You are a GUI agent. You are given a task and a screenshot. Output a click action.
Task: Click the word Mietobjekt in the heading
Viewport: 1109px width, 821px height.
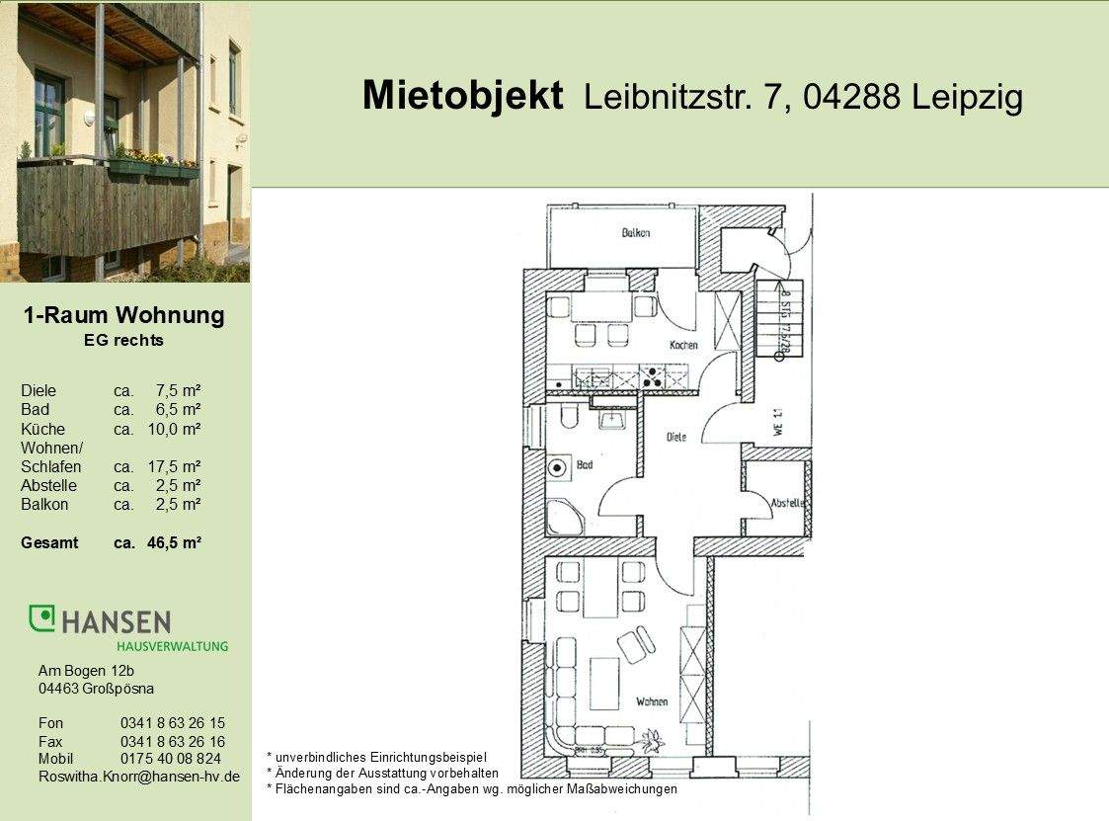pos(462,96)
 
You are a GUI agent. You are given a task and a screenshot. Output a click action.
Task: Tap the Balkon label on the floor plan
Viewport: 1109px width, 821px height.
pos(635,233)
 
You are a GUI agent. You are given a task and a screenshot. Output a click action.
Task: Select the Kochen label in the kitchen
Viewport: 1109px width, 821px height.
pos(683,345)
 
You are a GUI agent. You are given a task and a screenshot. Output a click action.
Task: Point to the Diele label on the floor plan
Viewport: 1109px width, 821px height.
pos(676,436)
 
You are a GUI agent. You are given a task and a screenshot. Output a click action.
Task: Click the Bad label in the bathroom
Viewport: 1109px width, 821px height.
pos(585,463)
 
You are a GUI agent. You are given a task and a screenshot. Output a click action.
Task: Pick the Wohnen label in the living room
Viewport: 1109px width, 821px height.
pos(652,701)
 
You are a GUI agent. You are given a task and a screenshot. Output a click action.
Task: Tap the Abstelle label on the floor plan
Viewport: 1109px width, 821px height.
pos(787,503)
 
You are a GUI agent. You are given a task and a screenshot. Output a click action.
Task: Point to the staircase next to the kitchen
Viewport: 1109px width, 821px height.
pos(775,318)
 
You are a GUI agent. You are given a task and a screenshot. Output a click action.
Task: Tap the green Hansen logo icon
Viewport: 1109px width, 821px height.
pos(41,618)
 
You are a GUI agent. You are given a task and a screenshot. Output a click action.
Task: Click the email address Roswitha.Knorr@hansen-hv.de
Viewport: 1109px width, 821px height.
pos(138,777)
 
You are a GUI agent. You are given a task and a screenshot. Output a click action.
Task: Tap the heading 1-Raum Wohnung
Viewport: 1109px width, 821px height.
pos(123,316)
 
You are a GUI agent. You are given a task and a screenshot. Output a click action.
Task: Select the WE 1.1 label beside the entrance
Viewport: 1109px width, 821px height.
pos(778,422)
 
